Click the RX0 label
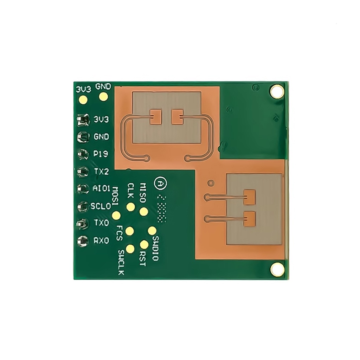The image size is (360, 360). click(101, 241)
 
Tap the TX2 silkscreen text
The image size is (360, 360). click(102, 172)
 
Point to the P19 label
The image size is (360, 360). click(101, 154)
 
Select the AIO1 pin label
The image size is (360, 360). click(101, 189)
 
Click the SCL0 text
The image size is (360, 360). click(101, 206)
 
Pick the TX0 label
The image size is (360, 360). click(102, 223)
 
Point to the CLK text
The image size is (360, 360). click(130, 191)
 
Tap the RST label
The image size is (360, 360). click(142, 258)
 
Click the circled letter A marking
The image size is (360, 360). click(160, 183)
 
